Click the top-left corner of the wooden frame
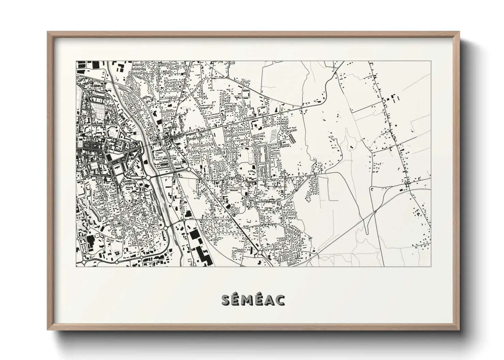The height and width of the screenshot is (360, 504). [48, 32]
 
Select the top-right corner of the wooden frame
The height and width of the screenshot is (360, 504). [459, 32]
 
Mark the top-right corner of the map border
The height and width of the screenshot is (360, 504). [431, 61]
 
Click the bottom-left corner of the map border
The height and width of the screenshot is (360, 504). [76, 266]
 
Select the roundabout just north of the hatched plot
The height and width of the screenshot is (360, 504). [279, 112]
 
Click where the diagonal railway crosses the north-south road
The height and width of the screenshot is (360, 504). [375, 211]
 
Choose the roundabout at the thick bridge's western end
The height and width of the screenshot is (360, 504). [148, 178]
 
